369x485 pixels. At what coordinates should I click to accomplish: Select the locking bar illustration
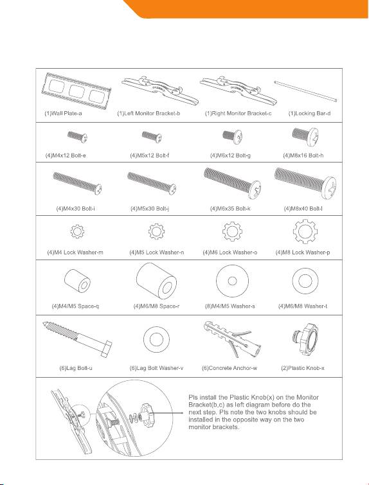305,91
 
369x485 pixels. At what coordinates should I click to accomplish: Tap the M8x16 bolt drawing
305,136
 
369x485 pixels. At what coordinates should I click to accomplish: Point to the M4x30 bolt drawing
77,183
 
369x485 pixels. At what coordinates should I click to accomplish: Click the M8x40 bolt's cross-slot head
330,187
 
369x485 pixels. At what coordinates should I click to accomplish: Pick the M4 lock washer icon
77,231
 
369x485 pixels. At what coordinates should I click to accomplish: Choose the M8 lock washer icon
305,231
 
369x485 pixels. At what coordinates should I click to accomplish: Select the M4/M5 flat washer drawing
232,281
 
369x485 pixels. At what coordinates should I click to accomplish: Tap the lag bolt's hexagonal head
106,349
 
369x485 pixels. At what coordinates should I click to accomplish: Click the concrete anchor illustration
232,340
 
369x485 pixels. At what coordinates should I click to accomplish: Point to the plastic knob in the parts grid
305,340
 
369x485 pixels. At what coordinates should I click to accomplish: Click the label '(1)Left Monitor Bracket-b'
148,114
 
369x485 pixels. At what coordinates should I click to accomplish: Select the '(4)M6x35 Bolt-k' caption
230,209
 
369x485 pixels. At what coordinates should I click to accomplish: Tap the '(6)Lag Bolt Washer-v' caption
156,368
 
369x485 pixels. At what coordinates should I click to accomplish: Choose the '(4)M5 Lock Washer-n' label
156,252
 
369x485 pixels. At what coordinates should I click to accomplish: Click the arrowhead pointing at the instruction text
183,412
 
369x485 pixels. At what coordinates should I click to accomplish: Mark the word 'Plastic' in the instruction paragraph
240,398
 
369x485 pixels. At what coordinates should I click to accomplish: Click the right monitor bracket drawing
239,90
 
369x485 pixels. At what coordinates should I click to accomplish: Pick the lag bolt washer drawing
156,339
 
